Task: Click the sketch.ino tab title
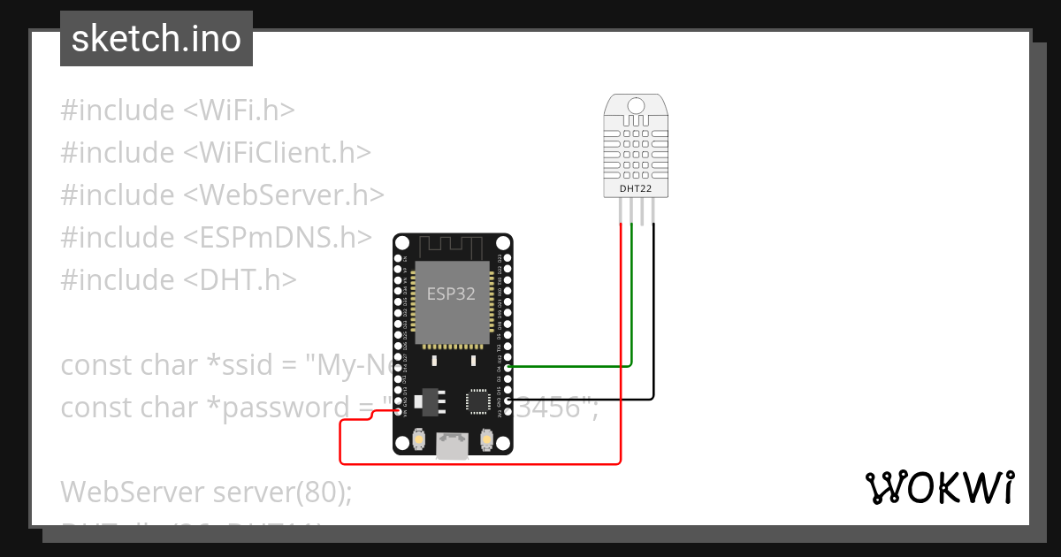pos(156,39)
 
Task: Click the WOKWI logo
pos(939,488)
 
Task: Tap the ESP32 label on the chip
pos(451,294)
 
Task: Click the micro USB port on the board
pos(454,446)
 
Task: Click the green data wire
pos(575,365)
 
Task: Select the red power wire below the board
pos(477,462)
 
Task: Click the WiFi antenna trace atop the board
pos(453,245)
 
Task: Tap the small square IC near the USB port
pos(478,401)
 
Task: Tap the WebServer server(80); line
pos(206,492)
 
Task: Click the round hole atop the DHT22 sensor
pos(636,105)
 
